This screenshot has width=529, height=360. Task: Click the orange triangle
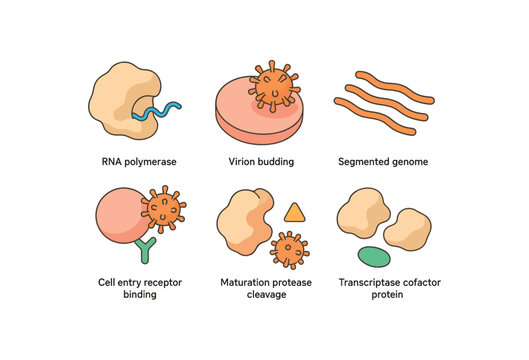(x=294, y=212)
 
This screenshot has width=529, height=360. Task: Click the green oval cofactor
(x=374, y=256)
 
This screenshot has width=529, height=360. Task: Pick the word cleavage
(x=264, y=295)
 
